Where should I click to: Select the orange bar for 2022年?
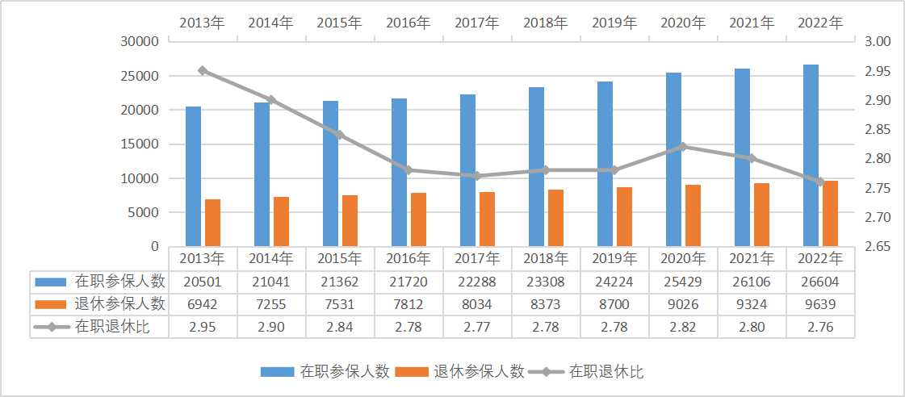(830, 214)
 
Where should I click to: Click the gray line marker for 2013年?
(203, 71)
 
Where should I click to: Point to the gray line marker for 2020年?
(683, 147)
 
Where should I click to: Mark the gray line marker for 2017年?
(477, 176)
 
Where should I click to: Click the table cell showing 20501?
(203, 282)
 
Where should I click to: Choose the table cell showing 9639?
(820, 304)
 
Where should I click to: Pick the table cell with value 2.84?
(340, 327)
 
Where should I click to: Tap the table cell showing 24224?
(614, 282)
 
